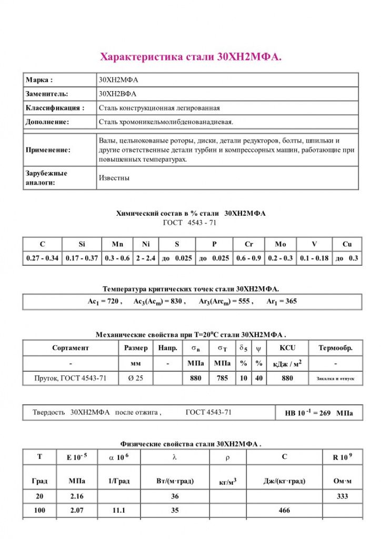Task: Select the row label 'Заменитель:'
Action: click(47, 94)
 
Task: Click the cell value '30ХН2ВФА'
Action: click(117, 94)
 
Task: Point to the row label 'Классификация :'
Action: click(55, 108)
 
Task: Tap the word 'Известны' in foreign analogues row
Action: click(114, 178)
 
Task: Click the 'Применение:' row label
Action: click(48, 149)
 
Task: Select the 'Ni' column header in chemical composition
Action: click(146, 244)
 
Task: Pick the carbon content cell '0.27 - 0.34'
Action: click(42, 258)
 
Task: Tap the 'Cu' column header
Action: click(347, 244)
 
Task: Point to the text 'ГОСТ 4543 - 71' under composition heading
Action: click(190, 223)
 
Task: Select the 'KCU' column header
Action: click(287, 348)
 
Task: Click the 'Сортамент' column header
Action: click(71, 348)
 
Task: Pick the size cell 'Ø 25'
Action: click(136, 378)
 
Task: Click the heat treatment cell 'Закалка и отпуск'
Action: click(335, 378)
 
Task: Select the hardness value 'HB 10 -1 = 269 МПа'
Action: click(319, 413)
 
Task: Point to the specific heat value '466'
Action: click(284, 511)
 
